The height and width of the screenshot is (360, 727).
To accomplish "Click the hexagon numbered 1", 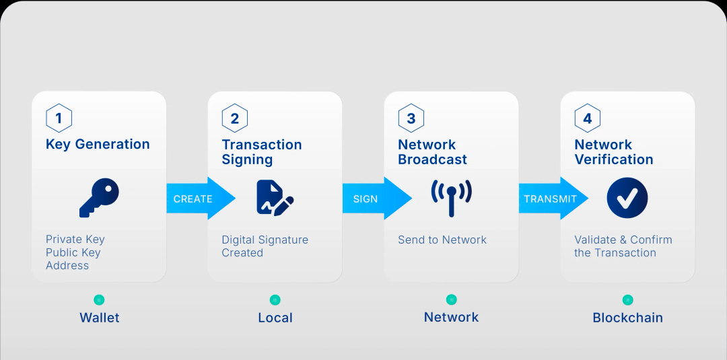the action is (59, 118).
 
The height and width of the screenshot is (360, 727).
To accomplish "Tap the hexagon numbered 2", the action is (235, 118).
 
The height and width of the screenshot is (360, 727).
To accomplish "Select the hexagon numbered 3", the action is (411, 118).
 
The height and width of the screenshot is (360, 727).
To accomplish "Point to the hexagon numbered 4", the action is (588, 118).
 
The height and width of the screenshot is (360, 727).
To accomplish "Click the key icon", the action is (99, 198).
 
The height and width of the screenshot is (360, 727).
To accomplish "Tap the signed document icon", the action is (275, 198).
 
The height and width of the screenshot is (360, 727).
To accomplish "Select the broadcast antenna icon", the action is (451, 198).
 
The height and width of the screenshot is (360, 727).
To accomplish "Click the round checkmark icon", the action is (627, 198).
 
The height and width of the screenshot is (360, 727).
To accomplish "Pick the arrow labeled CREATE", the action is (201, 199).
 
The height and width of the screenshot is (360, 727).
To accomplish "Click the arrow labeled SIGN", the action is (377, 199).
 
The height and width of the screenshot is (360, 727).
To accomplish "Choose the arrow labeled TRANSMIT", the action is (553, 199).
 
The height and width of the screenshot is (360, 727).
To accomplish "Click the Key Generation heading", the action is (98, 144).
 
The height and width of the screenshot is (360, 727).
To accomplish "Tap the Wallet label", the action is (99, 318).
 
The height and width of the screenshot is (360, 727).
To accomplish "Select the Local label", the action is (275, 318).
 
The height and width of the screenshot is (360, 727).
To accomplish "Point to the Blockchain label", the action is (628, 318).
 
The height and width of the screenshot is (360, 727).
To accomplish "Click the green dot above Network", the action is (451, 299).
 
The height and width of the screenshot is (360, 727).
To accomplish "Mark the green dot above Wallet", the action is (99, 299).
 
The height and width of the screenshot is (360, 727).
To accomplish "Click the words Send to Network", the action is (442, 240).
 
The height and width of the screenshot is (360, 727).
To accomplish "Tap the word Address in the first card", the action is (67, 266).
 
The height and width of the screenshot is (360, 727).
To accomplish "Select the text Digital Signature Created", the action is (265, 246).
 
